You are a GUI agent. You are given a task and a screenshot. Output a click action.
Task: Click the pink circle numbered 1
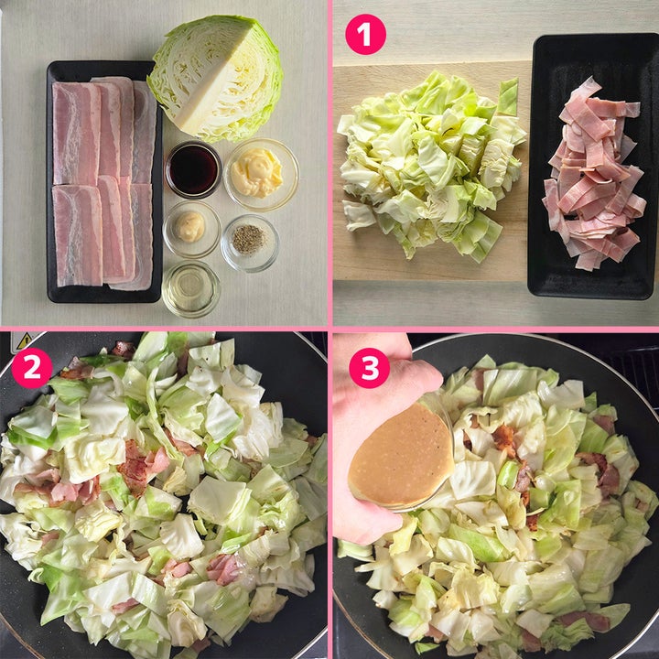[x=365, y=35]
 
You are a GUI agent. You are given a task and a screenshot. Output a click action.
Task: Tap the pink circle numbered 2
[x=32, y=368]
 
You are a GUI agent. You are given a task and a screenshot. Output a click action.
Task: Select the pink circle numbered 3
[x=370, y=368]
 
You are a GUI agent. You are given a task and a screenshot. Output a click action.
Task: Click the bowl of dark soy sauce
[x=193, y=169]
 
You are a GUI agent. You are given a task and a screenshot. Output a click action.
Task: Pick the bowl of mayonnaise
[x=261, y=175]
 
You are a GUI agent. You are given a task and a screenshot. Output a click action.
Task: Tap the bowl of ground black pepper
[x=250, y=243]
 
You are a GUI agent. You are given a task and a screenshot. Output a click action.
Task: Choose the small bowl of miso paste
[x=191, y=229]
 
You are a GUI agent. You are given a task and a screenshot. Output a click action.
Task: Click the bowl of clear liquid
[x=190, y=289]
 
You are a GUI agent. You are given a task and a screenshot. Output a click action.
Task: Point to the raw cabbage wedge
[x=215, y=78]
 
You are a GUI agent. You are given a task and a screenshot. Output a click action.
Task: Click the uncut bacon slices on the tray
[x=103, y=183]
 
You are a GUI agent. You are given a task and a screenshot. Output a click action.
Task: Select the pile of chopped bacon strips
[x=593, y=174]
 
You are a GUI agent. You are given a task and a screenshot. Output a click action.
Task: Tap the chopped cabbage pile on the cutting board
[x=431, y=166]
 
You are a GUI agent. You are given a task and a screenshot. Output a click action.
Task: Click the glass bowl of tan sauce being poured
[x=401, y=454]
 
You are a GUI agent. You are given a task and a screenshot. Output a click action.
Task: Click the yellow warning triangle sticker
[x=25, y=340]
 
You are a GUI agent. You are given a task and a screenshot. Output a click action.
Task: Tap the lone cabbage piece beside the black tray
[x=508, y=97]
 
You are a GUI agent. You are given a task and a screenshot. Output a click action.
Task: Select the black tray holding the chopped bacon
[x=593, y=167]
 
